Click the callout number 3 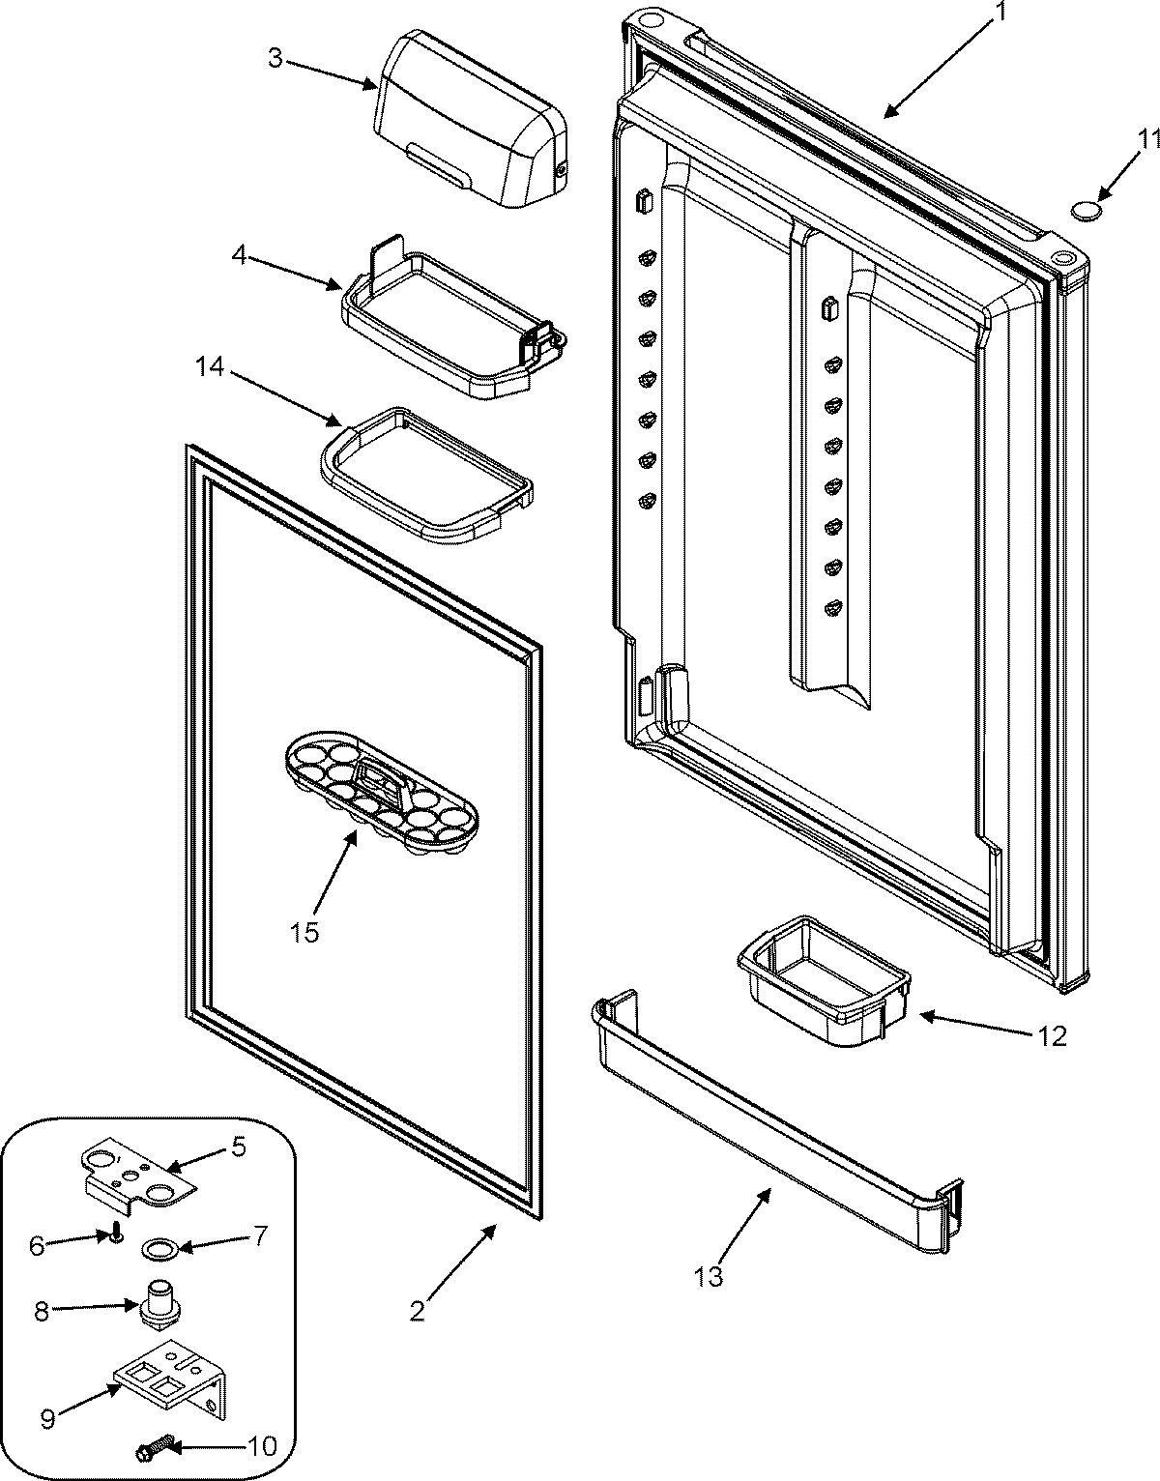coord(275,58)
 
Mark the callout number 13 coord(708,1276)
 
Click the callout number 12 coord(1052,1036)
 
